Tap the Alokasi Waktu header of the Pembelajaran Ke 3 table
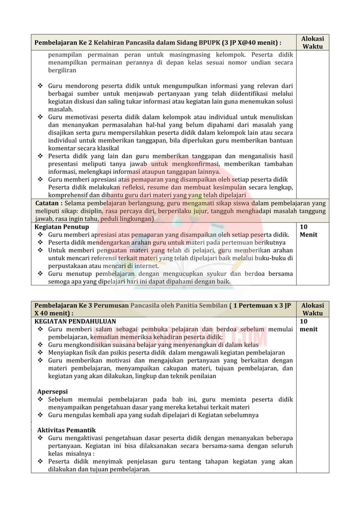coord(313,309)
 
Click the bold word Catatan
coord(47,203)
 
